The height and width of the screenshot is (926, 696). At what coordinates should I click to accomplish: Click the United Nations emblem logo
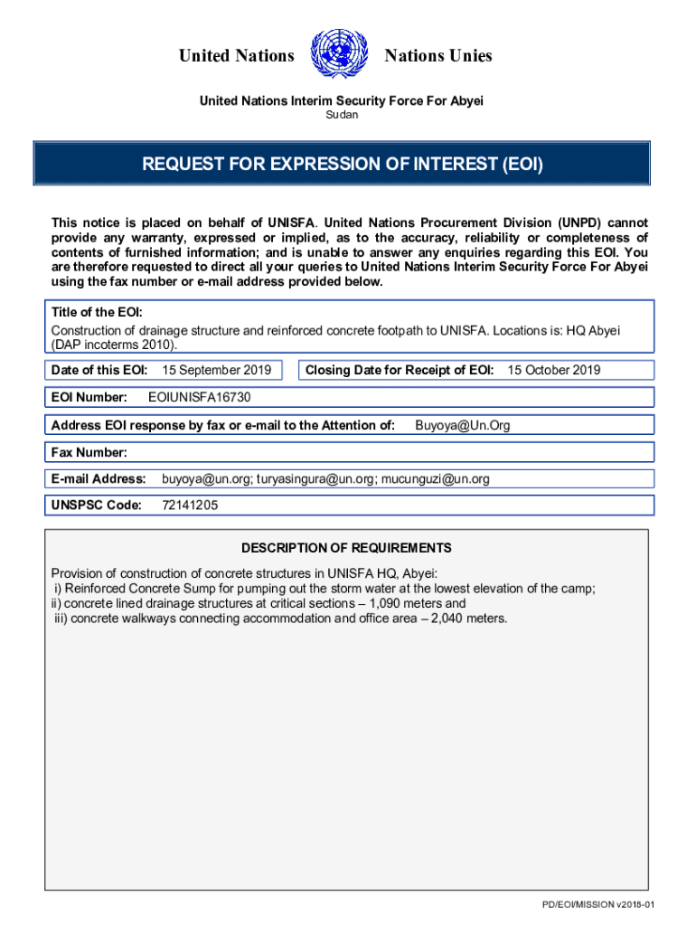338,55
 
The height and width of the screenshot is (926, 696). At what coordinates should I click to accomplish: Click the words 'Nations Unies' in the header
438,56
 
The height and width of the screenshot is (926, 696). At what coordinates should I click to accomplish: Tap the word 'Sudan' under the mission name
342,115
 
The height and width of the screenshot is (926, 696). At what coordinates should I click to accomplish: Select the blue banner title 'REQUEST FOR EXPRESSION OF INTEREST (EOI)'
342,164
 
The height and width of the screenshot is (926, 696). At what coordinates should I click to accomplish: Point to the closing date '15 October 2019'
553,370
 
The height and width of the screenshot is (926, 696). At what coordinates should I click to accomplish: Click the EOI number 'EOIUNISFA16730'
199,397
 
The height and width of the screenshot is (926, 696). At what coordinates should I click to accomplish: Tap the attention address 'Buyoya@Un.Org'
462,425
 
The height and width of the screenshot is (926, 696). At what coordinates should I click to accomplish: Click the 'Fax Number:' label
89,452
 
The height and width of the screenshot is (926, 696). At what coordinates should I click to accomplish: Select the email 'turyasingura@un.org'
315,478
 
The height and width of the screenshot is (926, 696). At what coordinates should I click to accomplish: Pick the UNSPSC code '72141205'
190,506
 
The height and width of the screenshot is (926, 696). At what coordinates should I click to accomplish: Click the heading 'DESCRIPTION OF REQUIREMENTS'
346,548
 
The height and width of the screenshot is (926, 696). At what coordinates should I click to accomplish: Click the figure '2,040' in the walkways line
442,619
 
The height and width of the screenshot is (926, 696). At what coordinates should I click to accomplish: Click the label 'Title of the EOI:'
97,312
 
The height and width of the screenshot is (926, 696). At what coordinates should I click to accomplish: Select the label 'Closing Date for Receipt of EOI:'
400,370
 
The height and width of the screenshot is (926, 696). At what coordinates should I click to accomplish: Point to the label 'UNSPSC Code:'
97,506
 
